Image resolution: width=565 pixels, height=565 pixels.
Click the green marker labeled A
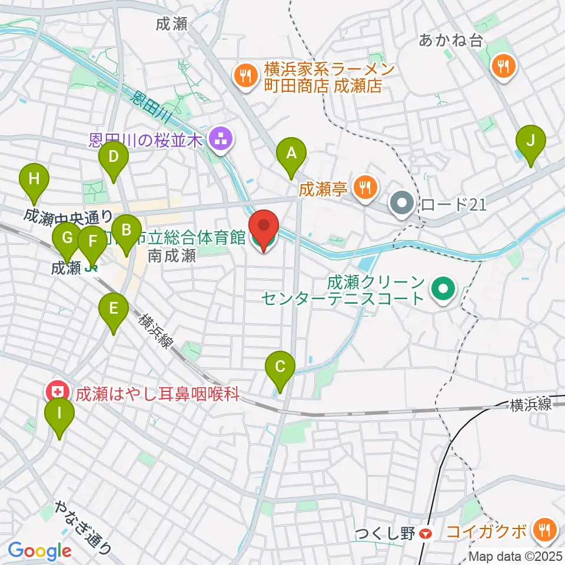(x=291, y=154)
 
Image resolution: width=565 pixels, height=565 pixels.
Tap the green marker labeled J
(x=531, y=142)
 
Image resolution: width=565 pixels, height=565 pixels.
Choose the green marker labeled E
(x=113, y=308)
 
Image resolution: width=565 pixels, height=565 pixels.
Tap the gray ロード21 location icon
(x=403, y=204)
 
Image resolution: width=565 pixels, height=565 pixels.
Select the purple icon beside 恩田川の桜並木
(x=221, y=140)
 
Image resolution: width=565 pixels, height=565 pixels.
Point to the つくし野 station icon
(x=426, y=534)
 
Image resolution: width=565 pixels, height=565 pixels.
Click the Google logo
(x=39, y=551)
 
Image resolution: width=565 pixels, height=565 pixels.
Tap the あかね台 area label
(x=451, y=40)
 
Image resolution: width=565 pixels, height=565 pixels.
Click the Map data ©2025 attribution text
(x=516, y=556)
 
